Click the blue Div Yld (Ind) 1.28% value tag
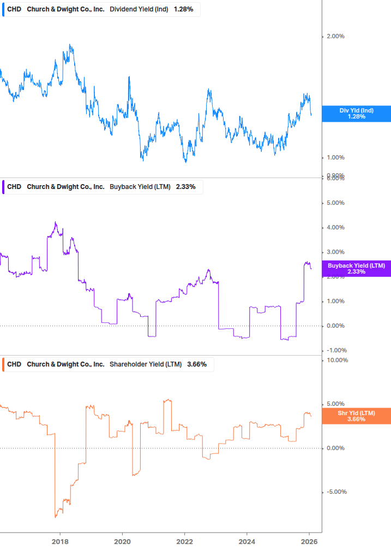coord(356,114)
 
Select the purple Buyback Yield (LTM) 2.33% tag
coord(356,269)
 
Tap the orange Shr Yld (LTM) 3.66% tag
coord(356,416)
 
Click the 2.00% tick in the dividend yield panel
coord(335,37)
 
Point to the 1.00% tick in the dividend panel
coord(335,158)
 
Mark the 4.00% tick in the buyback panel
coord(335,228)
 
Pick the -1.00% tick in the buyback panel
coord(335,351)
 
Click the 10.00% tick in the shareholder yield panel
coord(336,361)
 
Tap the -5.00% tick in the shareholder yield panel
coord(336,492)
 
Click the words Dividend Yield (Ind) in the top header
coord(139,10)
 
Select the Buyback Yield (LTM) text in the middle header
coord(140,187)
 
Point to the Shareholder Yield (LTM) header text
coord(146,364)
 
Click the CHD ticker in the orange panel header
coord(14,364)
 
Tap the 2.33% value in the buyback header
coord(186,187)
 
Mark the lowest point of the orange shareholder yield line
coord(56,517)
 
